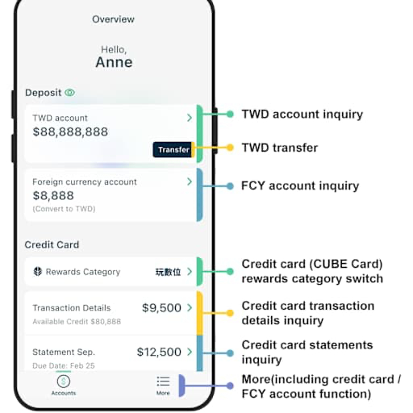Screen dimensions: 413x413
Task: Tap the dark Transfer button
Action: click(x=173, y=149)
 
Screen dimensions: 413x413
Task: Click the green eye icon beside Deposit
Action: click(x=70, y=93)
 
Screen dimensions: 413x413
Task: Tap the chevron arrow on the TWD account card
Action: click(x=190, y=118)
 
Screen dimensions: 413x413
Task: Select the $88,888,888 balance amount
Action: click(x=70, y=131)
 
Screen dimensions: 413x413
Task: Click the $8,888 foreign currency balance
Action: click(x=53, y=196)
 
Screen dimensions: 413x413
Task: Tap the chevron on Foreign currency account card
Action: click(x=190, y=181)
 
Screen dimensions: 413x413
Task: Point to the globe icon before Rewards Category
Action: click(x=38, y=272)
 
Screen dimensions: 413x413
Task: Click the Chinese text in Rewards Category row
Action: click(x=168, y=272)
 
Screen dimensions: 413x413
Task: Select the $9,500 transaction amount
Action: click(x=161, y=308)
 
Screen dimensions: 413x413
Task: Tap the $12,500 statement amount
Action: click(x=159, y=352)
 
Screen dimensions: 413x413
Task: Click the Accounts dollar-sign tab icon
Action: click(x=64, y=382)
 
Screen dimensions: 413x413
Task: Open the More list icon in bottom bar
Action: click(x=163, y=382)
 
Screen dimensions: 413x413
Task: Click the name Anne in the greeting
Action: click(x=114, y=62)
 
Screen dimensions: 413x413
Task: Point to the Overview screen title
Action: click(x=113, y=19)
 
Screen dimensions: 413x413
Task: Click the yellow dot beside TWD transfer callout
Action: click(x=230, y=148)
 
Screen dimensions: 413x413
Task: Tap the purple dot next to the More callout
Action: click(x=230, y=386)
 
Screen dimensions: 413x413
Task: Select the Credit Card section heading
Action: click(x=52, y=244)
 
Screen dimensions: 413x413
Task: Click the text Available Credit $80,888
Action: click(x=77, y=322)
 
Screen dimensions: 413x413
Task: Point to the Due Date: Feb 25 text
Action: click(x=64, y=365)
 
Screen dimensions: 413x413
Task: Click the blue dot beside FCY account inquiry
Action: click(x=230, y=186)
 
